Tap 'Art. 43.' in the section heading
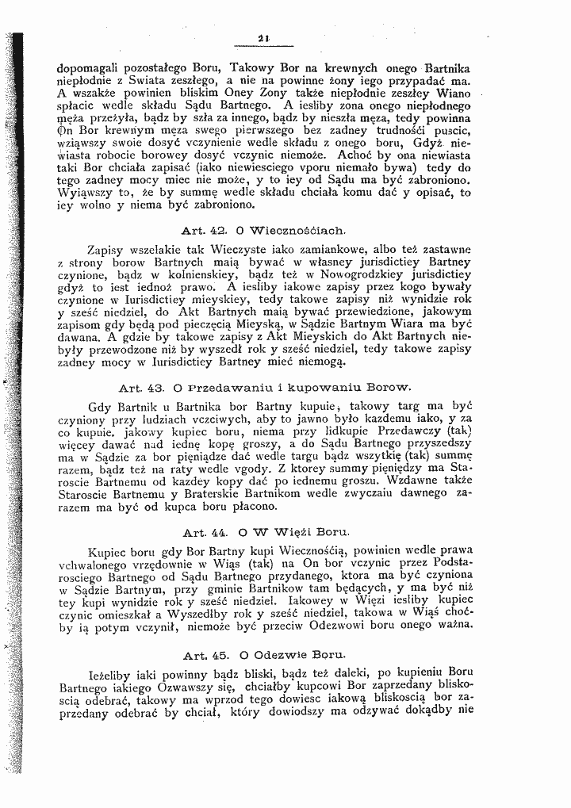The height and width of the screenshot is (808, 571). pos(140,389)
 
